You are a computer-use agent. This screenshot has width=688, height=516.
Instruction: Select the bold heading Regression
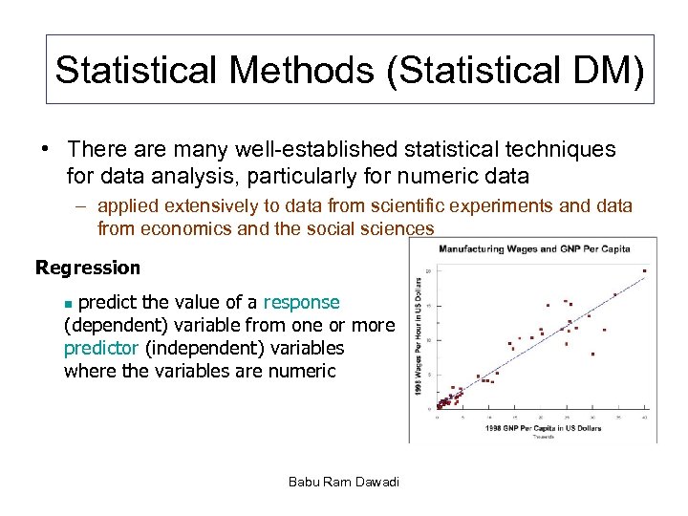click(x=88, y=268)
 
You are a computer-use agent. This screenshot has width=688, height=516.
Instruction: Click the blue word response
click(x=301, y=303)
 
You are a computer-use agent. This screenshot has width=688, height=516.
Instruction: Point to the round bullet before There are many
click(x=44, y=150)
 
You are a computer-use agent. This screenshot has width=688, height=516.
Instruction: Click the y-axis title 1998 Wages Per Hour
click(x=419, y=339)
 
